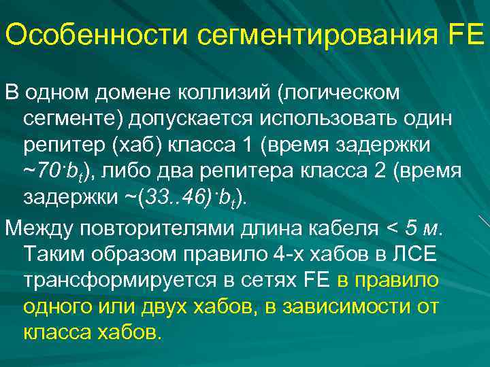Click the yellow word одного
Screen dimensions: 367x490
pos(57,307)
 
